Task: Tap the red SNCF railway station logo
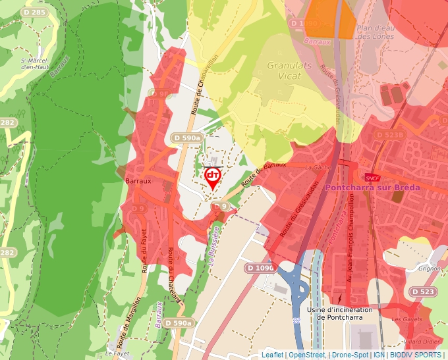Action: coord(372,178)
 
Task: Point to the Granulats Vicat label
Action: coord(284,70)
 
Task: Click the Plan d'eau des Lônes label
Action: coord(374,32)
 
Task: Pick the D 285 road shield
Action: coord(34,12)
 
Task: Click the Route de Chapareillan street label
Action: coord(204,86)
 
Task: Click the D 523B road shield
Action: coord(389,134)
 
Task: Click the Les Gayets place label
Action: coord(406,319)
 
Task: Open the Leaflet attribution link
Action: coord(272,355)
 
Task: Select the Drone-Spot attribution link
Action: coord(350,355)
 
